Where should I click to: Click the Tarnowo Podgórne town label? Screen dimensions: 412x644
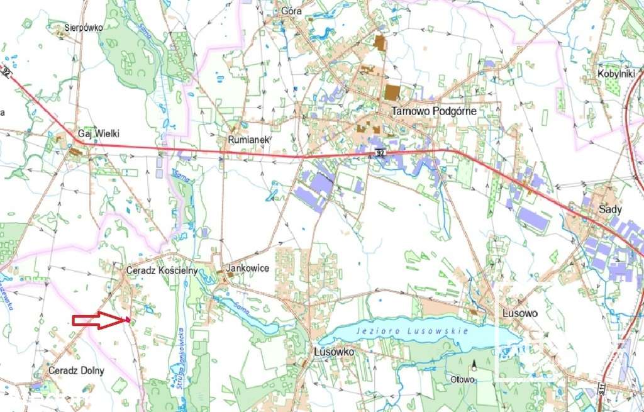pyautogui.click(x=434, y=111)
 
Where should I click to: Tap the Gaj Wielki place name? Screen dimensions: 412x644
pyautogui.click(x=98, y=133)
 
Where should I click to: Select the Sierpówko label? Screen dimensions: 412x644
pyautogui.click(x=84, y=27)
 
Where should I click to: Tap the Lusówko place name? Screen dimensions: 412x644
pyautogui.click(x=334, y=352)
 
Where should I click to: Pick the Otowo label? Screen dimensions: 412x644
pyautogui.click(x=462, y=380)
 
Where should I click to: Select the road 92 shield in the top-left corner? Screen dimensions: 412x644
pyautogui.click(x=6, y=73)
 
